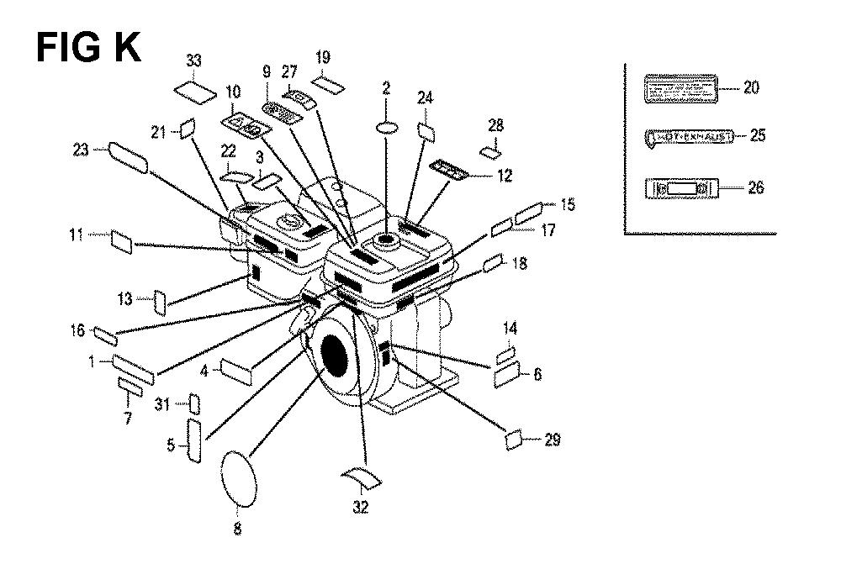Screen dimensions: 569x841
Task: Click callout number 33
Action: click(x=194, y=61)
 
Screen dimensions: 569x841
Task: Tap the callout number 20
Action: click(x=750, y=87)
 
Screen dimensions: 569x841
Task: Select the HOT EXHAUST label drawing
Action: click(x=689, y=136)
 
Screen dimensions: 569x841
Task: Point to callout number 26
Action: click(x=755, y=187)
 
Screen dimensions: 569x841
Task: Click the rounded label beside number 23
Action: click(x=129, y=157)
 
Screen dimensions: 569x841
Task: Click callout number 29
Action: click(x=552, y=440)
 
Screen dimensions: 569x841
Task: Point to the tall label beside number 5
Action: click(x=193, y=442)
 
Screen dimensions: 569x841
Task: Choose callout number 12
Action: click(x=504, y=176)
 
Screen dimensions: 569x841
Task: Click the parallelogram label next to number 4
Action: click(x=236, y=371)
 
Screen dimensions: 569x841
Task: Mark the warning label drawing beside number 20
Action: click(x=680, y=88)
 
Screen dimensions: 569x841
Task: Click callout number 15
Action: click(x=568, y=204)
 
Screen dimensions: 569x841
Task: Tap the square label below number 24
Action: click(x=425, y=132)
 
